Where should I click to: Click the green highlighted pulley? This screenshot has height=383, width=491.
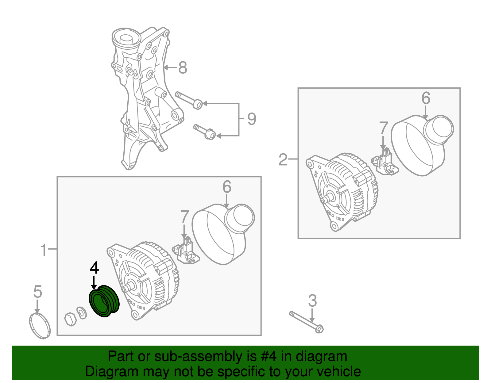point(104,301)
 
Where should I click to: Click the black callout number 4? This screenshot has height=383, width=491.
point(94,268)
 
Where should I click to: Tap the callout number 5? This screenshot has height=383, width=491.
point(37,292)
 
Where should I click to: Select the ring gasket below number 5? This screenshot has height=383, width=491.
point(40,326)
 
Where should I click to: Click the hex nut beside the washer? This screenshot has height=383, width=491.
point(71,319)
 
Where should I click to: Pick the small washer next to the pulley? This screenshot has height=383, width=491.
point(82,313)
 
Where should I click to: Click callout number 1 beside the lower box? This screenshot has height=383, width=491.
point(44,250)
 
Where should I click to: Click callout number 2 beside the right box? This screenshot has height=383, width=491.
point(283,160)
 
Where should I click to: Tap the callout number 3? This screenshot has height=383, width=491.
point(312,301)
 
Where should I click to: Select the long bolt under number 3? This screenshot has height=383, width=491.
point(306,322)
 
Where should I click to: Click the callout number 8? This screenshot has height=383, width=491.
point(183,67)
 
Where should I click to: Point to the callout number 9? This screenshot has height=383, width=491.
point(252,119)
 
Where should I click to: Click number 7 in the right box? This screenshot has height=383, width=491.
point(383,128)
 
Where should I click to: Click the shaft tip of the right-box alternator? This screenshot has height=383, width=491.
point(323,200)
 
